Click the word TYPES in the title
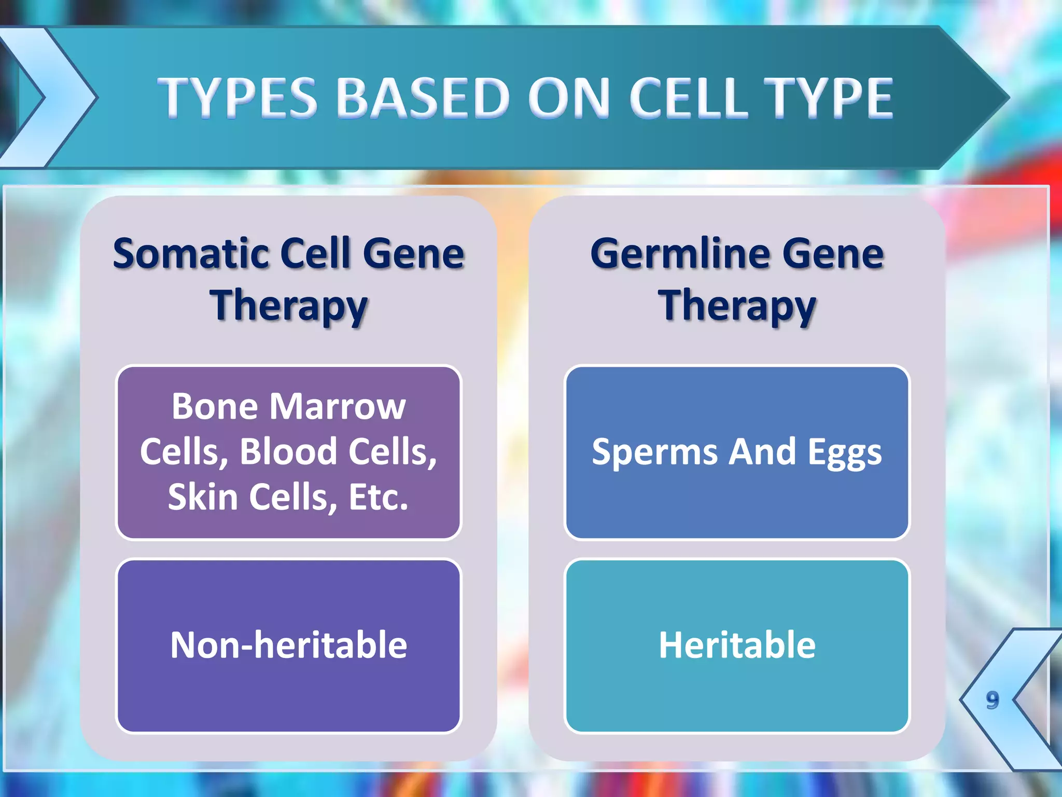tap(238, 98)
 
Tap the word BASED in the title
tap(424, 98)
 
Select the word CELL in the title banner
tap(689, 98)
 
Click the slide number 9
tap(992, 700)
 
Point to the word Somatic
tap(190, 254)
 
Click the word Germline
tap(680, 254)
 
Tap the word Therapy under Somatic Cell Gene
tap(289, 306)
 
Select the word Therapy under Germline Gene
tap(737, 306)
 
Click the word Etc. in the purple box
tap(379, 497)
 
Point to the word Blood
tap(288, 451)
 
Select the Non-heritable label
tap(289, 645)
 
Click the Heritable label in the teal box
tap(737, 645)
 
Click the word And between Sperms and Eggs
tap(762, 451)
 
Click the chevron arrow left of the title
tap(49, 98)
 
